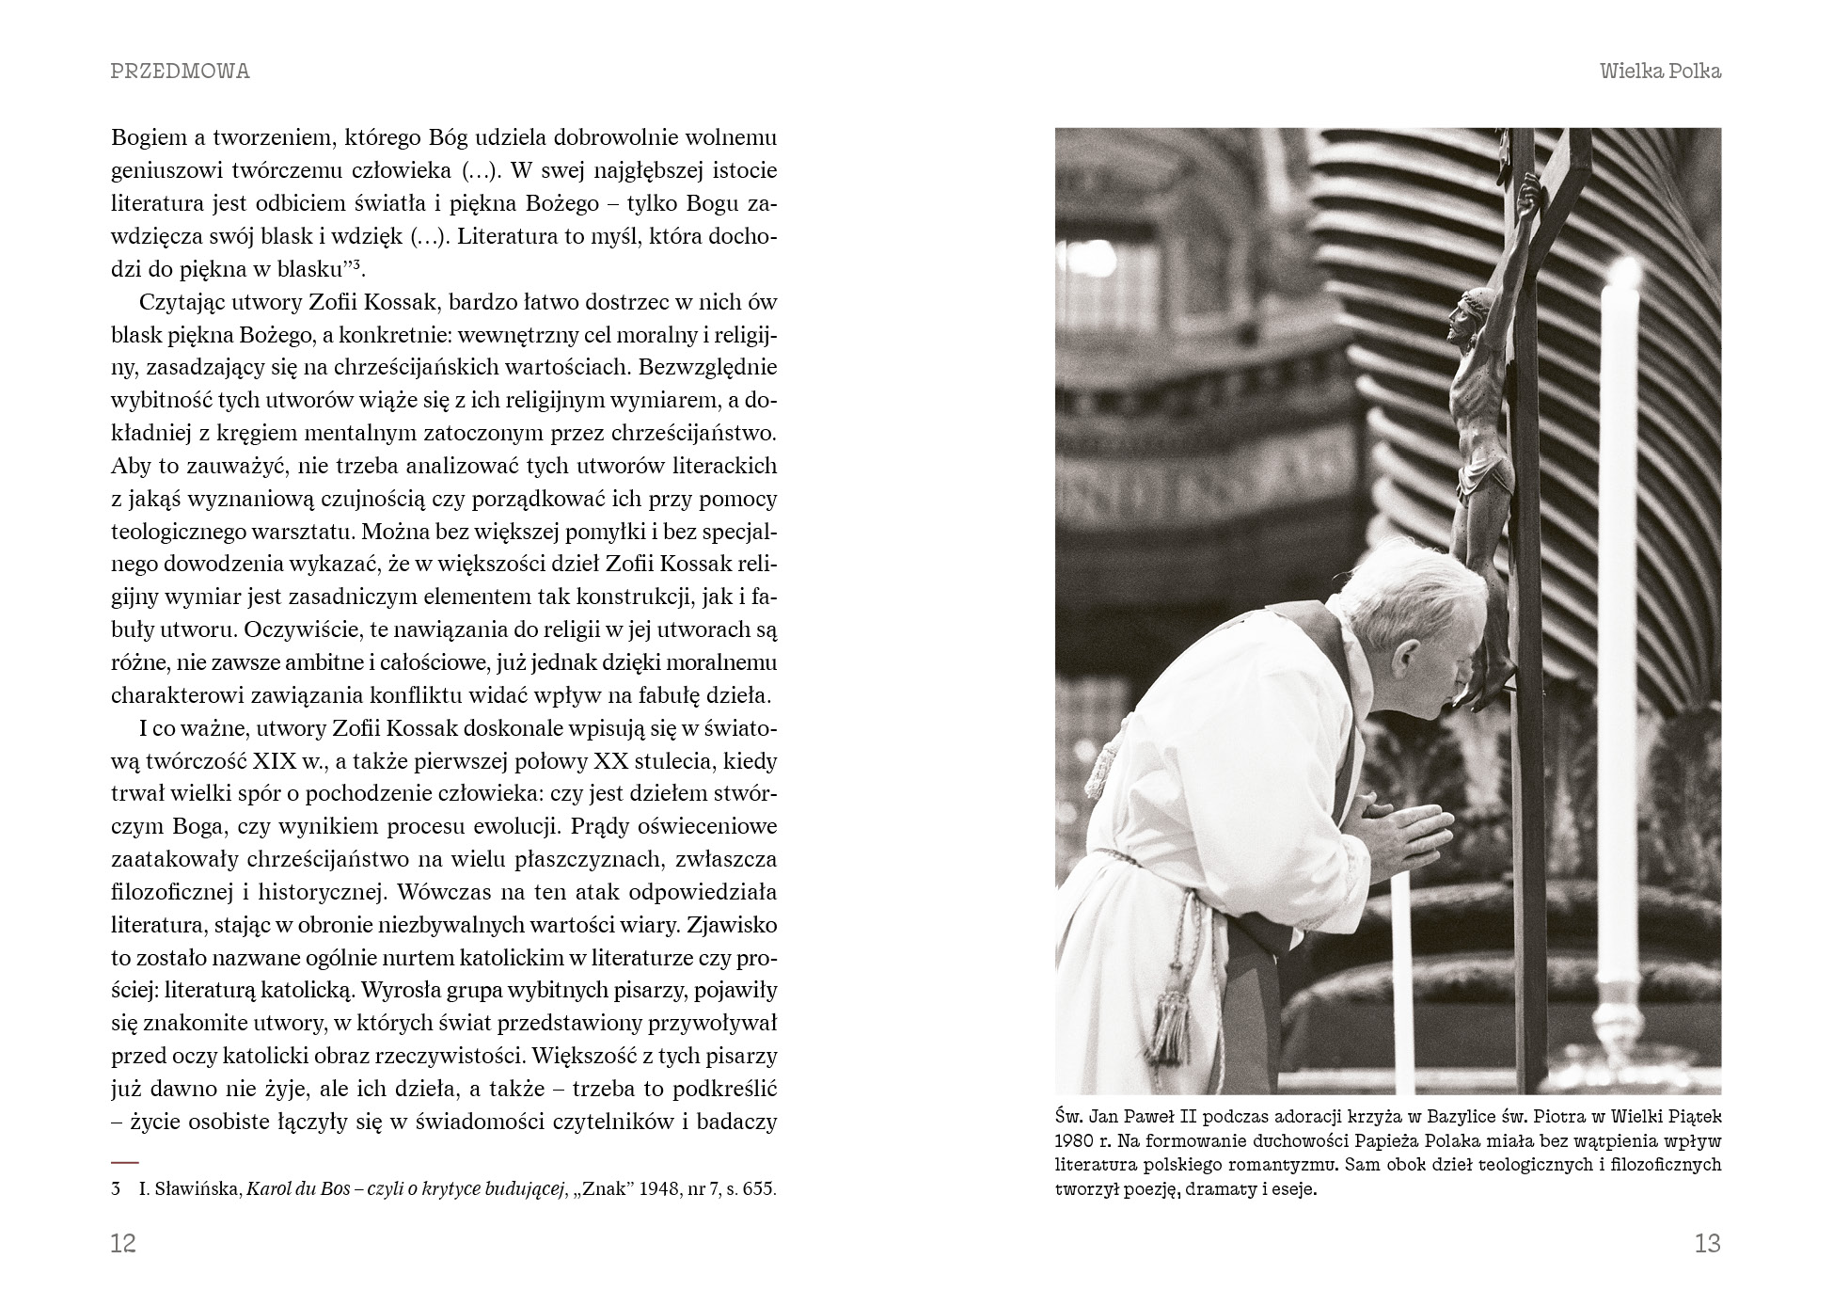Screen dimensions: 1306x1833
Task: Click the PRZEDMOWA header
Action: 181,72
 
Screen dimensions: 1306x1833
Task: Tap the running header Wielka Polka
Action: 1660,72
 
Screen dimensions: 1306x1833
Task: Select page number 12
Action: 123,1243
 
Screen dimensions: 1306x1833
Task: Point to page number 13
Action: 1707,1243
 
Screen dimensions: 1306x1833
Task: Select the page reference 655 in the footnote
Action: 759,1188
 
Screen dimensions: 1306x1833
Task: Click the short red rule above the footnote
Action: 124,1162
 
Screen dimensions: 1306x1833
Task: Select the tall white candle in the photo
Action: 1620,612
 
